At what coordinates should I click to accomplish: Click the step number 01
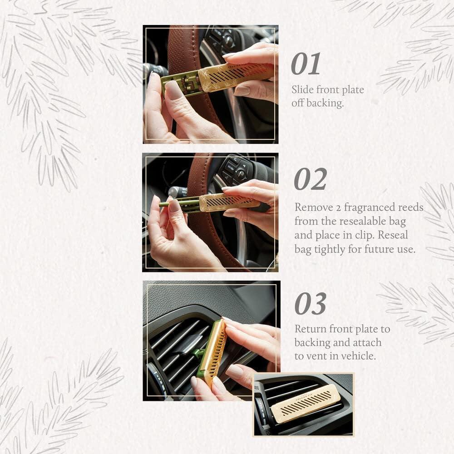(x=306, y=64)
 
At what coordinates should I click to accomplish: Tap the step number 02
(x=310, y=179)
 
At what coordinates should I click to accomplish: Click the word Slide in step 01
(x=302, y=90)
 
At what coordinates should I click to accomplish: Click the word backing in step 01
(x=324, y=103)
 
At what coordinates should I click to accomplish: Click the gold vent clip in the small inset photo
(x=305, y=402)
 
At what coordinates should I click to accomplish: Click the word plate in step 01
(x=353, y=90)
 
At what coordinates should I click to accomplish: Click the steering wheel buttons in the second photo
(x=235, y=170)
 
